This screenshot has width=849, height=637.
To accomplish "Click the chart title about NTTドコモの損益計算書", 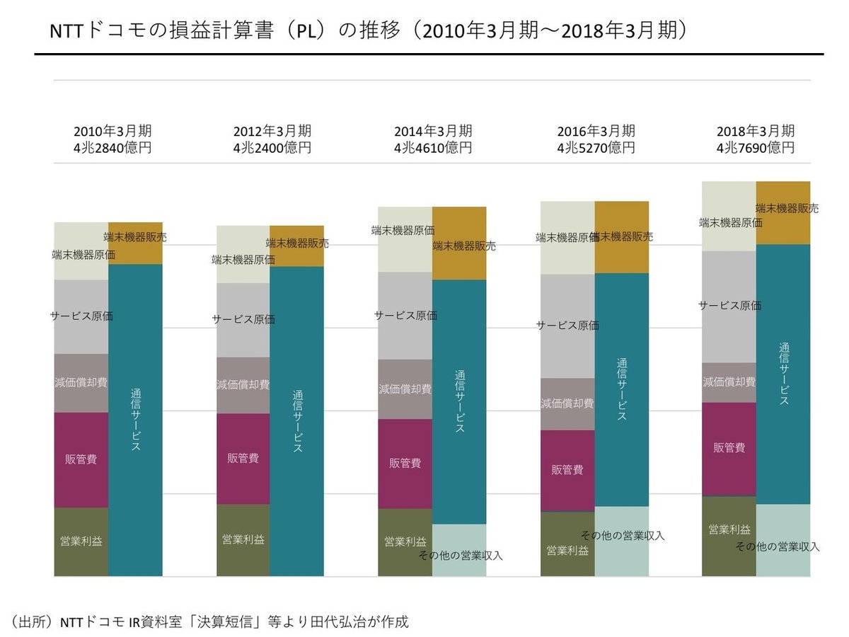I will point(368,32).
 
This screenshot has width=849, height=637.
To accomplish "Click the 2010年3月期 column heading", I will point(112,132).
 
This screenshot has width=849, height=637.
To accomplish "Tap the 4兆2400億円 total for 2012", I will point(272,148).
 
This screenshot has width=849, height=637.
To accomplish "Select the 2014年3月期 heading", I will point(433,132).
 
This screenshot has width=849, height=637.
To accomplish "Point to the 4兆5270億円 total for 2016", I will point(596,148).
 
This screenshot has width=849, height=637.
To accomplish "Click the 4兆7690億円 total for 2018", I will point(756,148).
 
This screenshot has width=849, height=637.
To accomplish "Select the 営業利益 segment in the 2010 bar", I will point(81,541).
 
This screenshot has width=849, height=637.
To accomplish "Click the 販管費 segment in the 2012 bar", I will point(243,459).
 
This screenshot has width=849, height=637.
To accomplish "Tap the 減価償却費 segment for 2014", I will point(405,389).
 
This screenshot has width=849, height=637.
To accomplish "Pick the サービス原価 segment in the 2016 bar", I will point(567,326).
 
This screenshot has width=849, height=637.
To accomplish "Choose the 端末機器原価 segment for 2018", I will point(729,217).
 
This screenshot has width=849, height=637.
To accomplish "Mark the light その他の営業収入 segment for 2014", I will point(459,551).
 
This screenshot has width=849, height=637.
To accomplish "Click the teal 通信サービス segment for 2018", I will point(783,374).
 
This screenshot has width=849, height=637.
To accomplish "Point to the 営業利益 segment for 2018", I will point(729,536).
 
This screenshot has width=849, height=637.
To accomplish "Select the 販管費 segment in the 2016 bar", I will point(567,470).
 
